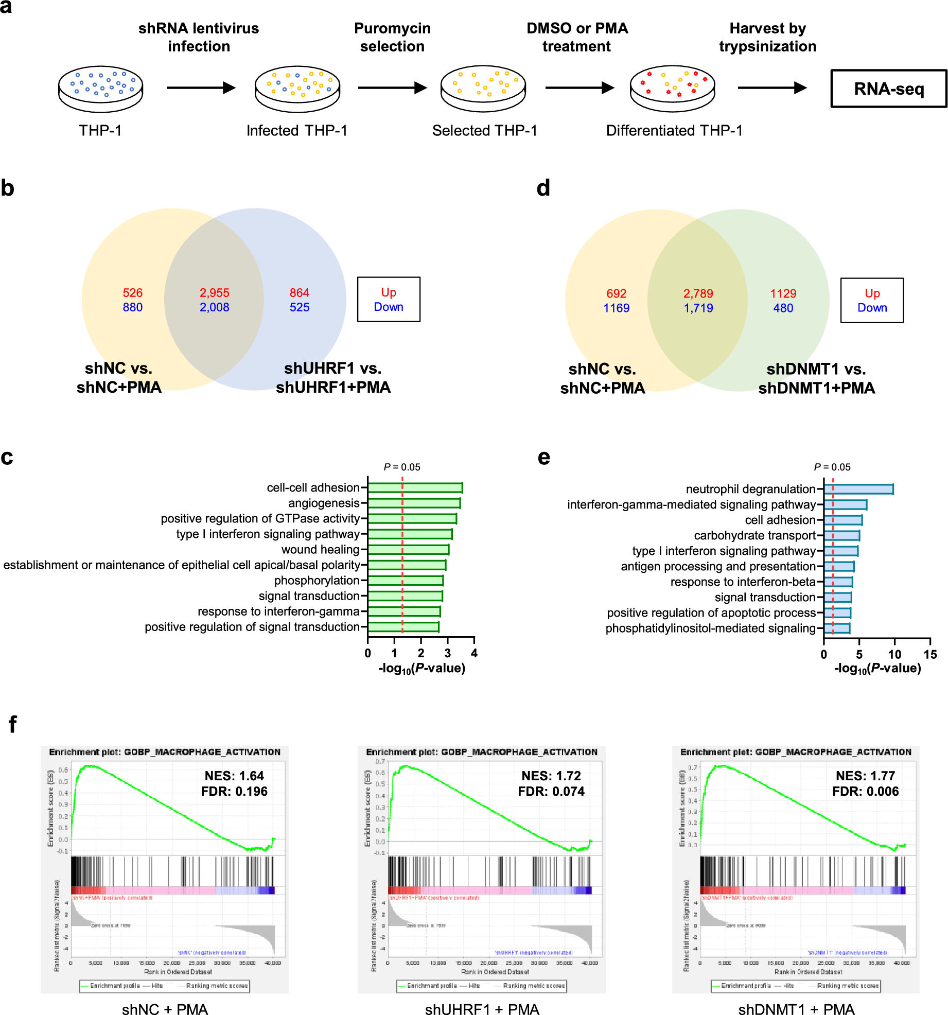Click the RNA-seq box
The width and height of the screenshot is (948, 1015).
[x=888, y=89]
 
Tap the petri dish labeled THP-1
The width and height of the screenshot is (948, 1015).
[x=100, y=89]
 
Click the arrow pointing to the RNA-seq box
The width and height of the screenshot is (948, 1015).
[x=771, y=88]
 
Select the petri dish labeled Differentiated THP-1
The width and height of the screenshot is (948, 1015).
[x=672, y=89]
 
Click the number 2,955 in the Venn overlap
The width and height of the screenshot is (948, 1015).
[x=214, y=293]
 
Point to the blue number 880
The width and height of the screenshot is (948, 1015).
[x=132, y=307]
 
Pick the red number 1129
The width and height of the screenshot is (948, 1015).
[x=783, y=293]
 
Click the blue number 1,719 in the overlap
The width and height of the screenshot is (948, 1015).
[x=698, y=308]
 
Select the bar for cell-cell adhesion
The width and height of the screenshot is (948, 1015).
[x=415, y=487]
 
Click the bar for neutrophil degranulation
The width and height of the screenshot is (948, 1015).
[x=858, y=489]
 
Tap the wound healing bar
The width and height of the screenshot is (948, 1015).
[x=408, y=550]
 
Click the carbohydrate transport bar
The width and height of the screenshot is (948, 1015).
[x=841, y=535]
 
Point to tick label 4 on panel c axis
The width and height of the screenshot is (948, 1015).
[x=474, y=653]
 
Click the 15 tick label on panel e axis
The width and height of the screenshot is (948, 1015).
[x=930, y=654]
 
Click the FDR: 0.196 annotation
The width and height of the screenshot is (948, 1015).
[x=234, y=791]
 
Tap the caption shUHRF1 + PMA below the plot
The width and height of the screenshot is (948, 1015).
[x=482, y=1009]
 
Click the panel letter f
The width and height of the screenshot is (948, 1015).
[x=12, y=724]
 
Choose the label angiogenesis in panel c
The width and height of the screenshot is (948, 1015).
[x=323, y=503]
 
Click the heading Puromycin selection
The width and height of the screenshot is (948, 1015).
[x=392, y=37]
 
